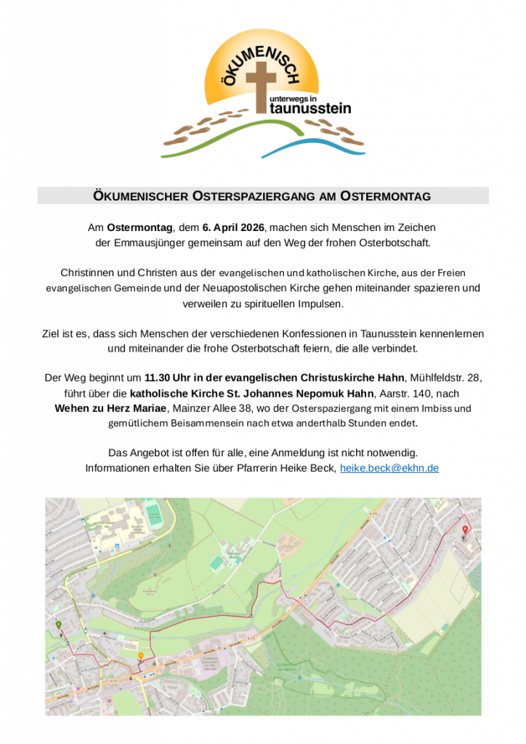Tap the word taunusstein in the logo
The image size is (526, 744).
tap(310, 108)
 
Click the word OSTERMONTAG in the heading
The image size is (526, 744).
tap(386, 196)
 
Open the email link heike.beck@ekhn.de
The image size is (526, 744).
tap(389, 468)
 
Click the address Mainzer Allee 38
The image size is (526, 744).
tap(211, 408)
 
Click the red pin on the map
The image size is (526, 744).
tap(465, 530)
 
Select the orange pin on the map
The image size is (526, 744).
tap(140, 656)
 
